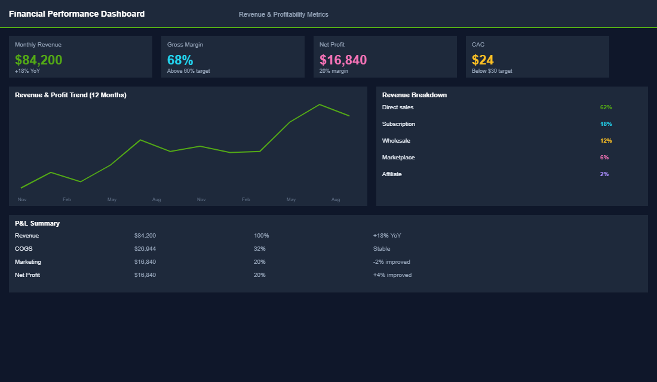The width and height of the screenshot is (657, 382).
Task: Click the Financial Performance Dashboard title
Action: pos(76,14)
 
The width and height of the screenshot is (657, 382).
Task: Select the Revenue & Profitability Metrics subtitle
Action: pos(283,14)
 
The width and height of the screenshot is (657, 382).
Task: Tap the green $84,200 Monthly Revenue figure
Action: pos(38,60)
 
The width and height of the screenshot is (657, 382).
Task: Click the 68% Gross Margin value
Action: pos(180,60)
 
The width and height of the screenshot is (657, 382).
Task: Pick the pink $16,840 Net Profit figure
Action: pos(343,60)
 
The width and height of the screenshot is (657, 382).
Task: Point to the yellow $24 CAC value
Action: pos(483,60)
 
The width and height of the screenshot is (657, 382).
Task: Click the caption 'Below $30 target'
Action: pos(492,71)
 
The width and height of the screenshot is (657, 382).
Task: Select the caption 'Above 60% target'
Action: pos(188,71)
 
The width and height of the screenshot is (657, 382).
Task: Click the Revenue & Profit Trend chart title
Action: pos(70,95)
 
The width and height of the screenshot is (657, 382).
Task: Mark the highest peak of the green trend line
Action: pos(320,104)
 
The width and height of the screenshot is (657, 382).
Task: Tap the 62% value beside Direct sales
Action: pos(606,107)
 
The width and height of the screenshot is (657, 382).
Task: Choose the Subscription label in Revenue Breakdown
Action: pos(398,124)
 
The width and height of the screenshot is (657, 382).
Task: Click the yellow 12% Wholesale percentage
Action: pos(606,141)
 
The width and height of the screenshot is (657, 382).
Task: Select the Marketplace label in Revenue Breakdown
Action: pos(398,158)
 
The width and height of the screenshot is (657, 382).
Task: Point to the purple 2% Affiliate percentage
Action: pos(604,174)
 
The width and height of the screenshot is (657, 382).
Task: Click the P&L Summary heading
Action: pos(37,223)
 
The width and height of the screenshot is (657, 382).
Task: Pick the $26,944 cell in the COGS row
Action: pos(145,249)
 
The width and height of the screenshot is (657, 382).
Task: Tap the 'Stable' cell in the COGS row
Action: pos(382,249)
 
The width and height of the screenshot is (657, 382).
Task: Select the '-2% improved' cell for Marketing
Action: pos(391,262)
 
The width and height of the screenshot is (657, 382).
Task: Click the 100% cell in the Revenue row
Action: pos(261,236)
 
